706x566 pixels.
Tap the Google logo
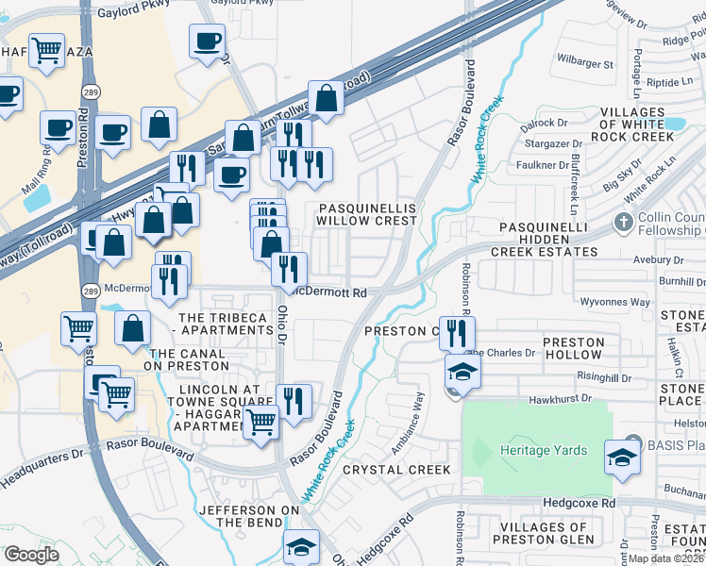(x=31, y=555)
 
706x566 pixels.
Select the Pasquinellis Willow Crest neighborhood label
(x=366, y=213)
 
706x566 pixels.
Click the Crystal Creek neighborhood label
(x=391, y=469)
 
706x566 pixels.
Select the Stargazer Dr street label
(x=552, y=144)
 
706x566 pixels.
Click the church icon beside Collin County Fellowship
(x=623, y=224)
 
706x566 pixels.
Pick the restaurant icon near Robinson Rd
(x=457, y=332)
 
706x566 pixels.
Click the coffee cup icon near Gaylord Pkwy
(x=207, y=41)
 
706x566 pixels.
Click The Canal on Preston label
(x=188, y=359)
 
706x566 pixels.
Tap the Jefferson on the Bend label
(x=241, y=516)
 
